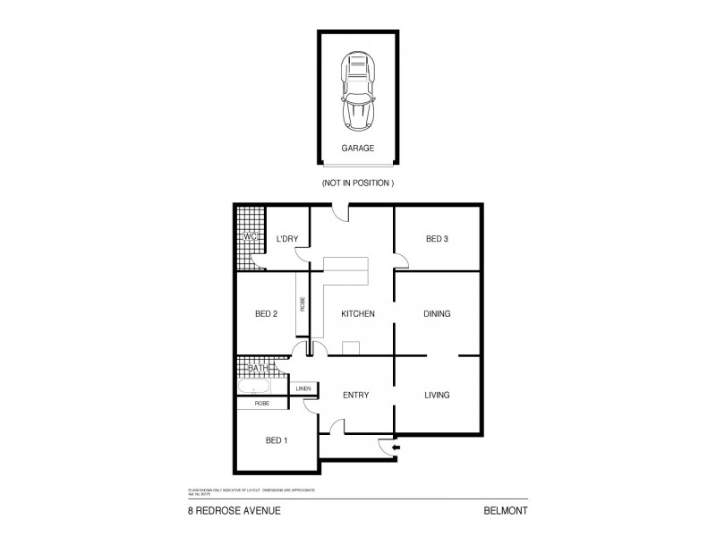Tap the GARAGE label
(358, 149)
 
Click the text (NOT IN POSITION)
(358, 183)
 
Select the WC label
(251, 236)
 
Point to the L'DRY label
(287, 238)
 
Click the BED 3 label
(437, 238)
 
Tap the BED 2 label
(266, 313)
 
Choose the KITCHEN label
(357, 313)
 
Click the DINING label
(437, 313)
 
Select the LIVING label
(437, 395)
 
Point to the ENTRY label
(355, 395)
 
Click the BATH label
(258, 368)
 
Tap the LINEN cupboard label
(302, 388)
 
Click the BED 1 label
(277, 440)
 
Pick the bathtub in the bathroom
(256, 388)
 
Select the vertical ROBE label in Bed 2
(303, 304)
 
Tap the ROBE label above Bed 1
(261, 404)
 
